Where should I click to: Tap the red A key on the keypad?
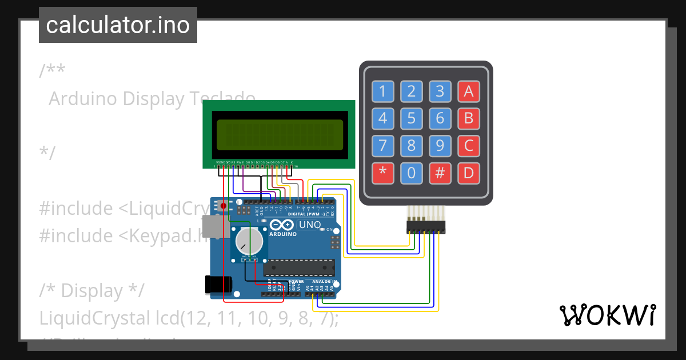(469, 91)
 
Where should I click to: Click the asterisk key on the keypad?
(383, 173)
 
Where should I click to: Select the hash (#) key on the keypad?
(440, 173)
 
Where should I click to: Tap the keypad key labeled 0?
(412, 173)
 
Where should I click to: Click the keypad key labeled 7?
(383, 146)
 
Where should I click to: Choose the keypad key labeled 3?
(440, 91)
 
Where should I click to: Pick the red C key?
(469, 146)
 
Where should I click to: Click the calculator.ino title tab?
(118, 25)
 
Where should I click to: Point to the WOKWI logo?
(608, 315)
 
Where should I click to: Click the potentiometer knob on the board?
(249, 242)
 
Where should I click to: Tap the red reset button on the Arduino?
(224, 205)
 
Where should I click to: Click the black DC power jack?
(218, 283)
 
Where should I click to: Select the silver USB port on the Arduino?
(213, 227)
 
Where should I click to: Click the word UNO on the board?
(310, 225)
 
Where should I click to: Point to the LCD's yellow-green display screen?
(280, 134)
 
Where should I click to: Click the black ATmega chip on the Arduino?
(299, 267)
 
